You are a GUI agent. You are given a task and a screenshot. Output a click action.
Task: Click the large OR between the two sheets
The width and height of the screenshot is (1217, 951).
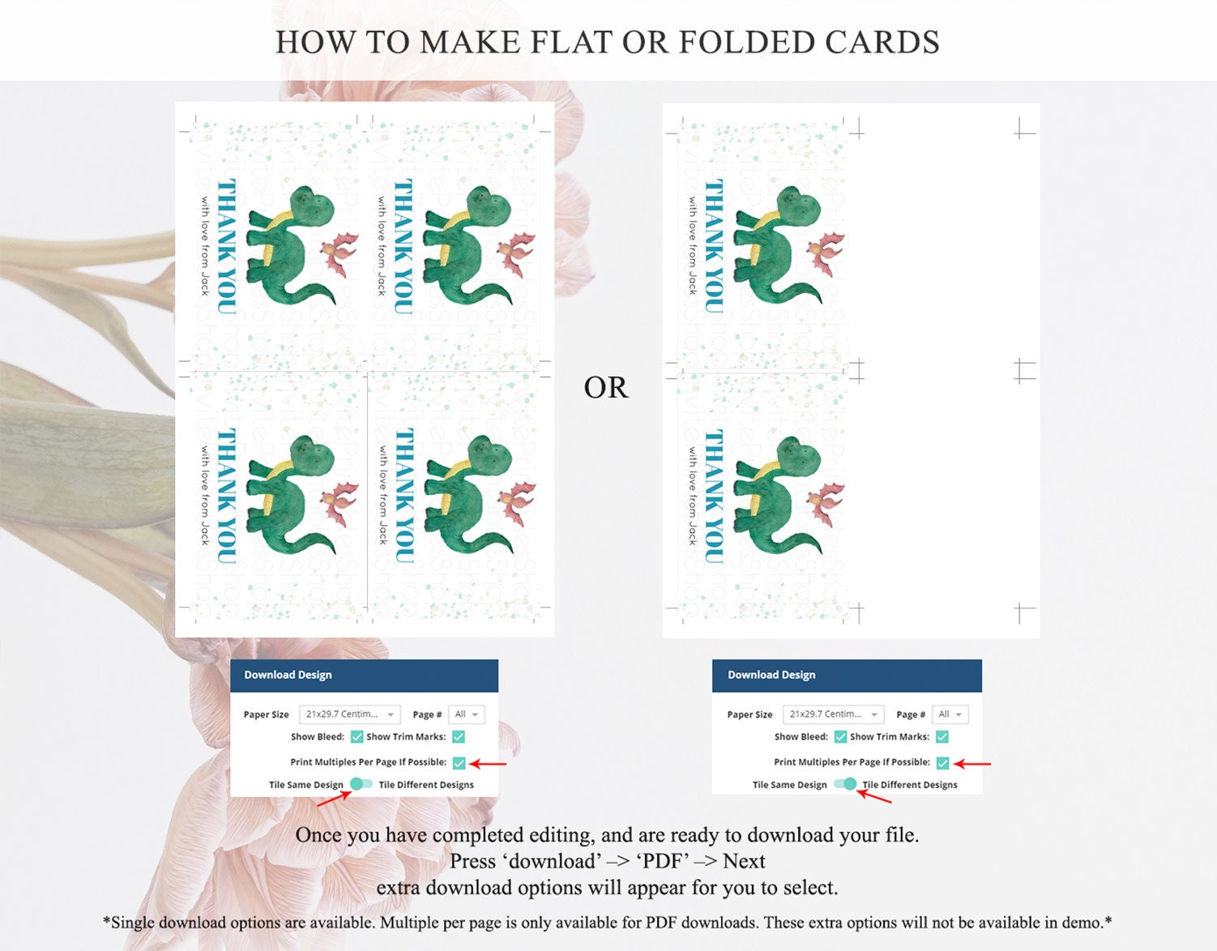point(606,387)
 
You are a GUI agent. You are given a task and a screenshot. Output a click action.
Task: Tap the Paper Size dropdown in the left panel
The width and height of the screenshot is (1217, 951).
point(349,714)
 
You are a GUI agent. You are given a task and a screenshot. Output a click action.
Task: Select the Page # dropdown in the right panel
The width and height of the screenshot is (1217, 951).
point(950,714)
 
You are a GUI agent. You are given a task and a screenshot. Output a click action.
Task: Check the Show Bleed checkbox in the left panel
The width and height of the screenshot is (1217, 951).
point(357,736)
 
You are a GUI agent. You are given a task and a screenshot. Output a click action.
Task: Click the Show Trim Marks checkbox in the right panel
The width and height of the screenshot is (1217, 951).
point(942,736)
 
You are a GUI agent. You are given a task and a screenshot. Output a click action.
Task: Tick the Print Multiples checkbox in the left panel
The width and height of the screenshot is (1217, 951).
point(459,762)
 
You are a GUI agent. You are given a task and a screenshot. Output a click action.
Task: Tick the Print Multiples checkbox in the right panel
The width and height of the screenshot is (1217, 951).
point(943,762)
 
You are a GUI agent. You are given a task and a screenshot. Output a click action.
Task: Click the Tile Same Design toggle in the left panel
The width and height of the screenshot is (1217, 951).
point(361,783)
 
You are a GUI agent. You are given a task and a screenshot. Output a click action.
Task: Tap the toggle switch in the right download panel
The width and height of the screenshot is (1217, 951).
point(846,783)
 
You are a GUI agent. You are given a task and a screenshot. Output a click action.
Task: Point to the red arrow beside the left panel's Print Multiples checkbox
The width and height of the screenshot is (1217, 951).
point(488,764)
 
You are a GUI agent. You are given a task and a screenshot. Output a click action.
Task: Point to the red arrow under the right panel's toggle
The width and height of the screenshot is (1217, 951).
point(875,796)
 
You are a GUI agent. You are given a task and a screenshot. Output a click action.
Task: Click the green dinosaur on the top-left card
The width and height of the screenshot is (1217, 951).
point(291,245)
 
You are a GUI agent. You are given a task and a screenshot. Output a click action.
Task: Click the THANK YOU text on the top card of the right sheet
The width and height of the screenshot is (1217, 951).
point(714,247)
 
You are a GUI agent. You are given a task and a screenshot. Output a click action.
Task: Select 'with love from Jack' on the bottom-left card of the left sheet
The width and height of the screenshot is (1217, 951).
point(206,496)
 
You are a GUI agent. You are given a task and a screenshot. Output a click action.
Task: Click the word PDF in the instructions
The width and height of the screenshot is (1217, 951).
point(663,861)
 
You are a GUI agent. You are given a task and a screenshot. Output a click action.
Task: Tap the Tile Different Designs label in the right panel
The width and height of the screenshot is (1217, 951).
point(910,785)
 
